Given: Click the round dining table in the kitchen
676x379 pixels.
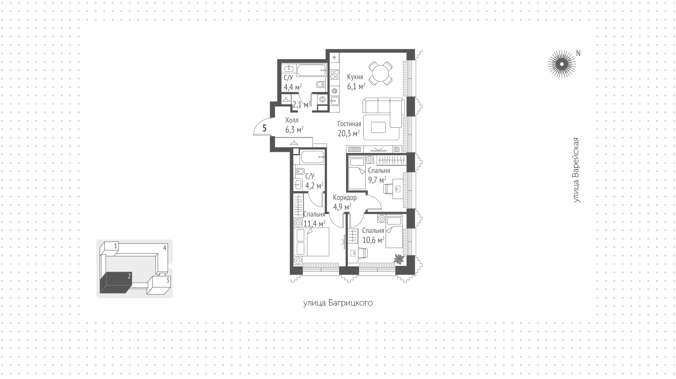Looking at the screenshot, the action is [x=381, y=73].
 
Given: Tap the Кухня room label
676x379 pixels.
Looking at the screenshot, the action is [x=355, y=77].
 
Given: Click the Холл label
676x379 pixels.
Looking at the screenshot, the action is [x=292, y=120].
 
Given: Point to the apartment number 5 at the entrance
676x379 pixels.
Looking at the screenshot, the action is [x=264, y=128].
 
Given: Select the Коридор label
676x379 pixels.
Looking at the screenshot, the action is [x=345, y=198].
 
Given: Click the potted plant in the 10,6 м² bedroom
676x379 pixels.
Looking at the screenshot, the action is [x=399, y=259].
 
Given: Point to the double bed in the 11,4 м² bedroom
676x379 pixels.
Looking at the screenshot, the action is [x=318, y=242].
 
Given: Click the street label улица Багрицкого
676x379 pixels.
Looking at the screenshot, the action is [x=338, y=303].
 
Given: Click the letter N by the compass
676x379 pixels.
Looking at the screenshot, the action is [x=578, y=53].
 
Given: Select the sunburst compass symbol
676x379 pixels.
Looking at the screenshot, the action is [x=562, y=64].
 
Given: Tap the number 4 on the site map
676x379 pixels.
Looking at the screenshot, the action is [x=164, y=248].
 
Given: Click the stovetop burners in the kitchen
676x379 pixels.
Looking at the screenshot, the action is [x=334, y=74].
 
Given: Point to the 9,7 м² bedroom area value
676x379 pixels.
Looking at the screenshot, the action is [x=377, y=180].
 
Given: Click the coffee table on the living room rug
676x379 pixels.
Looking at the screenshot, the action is [x=378, y=127].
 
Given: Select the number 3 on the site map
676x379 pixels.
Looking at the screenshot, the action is [x=168, y=280].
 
